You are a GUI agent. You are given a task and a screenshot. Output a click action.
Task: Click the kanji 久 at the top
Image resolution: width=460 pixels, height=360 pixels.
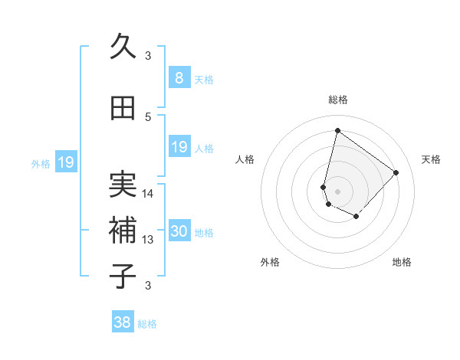(x=123, y=47)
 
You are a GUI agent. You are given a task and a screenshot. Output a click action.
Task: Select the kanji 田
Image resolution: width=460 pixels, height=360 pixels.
(x=123, y=109)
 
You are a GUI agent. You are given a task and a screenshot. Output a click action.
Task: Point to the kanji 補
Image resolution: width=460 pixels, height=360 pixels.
(x=123, y=230)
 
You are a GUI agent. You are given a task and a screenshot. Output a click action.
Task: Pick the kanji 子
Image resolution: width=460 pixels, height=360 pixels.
(x=123, y=276)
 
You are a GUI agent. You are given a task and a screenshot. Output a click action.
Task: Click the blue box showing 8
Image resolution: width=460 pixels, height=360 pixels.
(x=179, y=77)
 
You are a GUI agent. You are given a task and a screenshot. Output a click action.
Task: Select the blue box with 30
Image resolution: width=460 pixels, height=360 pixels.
(x=179, y=232)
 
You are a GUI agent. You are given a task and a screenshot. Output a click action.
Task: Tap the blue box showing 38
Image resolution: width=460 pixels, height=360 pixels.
(x=123, y=322)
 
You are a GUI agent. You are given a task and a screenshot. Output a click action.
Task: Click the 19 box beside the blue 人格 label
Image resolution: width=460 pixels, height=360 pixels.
(x=179, y=147)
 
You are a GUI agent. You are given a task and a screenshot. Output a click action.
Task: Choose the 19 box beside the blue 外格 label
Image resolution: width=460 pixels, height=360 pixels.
(x=66, y=162)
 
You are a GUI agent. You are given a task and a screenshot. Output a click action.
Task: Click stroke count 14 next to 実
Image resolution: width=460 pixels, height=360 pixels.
(x=148, y=194)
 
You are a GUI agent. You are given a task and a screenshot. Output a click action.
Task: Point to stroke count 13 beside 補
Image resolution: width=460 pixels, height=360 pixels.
(x=148, y=240)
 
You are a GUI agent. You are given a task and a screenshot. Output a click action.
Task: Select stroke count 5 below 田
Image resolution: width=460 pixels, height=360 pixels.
(x=148, y=116)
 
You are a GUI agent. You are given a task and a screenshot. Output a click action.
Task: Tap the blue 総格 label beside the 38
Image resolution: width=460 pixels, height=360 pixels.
(x=147, y=324)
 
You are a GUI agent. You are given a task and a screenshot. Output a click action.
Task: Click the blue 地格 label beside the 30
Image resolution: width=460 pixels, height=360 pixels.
(x=204, y=233)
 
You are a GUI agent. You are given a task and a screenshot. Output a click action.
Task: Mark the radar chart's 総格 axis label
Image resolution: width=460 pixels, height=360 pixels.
(x=337, y=100)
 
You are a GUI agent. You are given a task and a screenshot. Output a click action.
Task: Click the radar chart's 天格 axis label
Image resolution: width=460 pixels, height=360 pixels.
(x=431, y=159)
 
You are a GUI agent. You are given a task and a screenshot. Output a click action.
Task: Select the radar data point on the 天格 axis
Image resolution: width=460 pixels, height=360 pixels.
(x=396, y=172)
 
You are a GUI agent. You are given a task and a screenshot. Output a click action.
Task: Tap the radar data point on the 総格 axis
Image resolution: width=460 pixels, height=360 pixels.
(x=337, y=130)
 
